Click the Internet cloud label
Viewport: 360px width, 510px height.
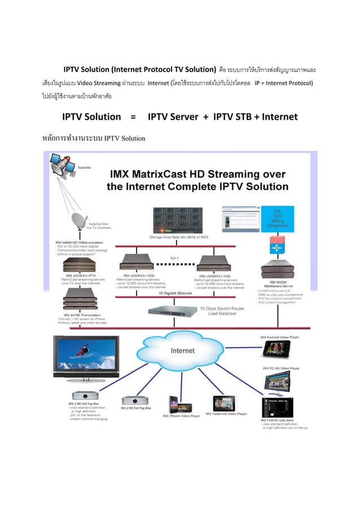(x=182, y=351)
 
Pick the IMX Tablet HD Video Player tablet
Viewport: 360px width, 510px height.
(x=226, y=403)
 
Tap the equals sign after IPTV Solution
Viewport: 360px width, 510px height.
(x=133, y=117)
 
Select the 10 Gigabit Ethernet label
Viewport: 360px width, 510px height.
(x=174, y=294)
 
